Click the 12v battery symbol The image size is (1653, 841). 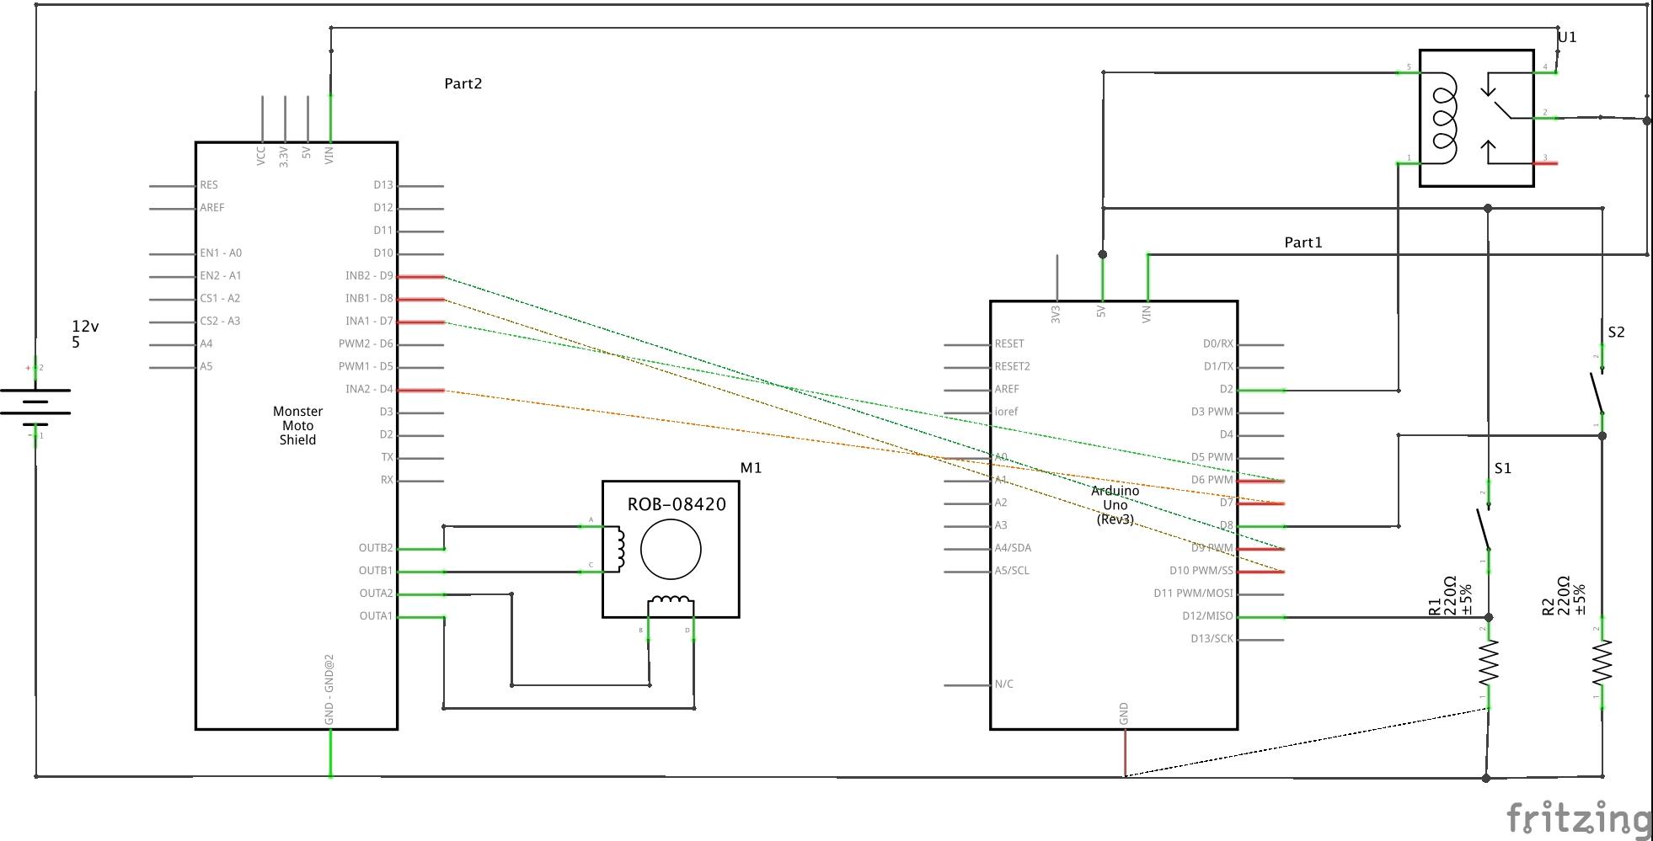click(x=35, y=402)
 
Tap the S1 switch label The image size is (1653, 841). click(x=1503, y=469)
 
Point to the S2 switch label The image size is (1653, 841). click(x=1616, y=333)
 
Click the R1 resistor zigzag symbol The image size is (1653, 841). click(x=1489, y=663)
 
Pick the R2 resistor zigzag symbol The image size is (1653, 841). click(x=1602, y=663)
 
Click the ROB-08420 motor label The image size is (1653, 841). click(x=677, y=505)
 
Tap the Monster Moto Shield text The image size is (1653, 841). click(x=297, y=425)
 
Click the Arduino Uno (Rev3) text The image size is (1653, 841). click(x=1115, y=505)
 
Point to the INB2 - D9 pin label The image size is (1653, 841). click(x=369, y=276)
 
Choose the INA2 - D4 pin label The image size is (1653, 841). click(x=369, y=390)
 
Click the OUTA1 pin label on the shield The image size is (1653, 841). click(x=376, y=616)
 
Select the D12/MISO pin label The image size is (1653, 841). click(x=1207, y=616)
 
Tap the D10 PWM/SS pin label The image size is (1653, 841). click(x=1201, y=571)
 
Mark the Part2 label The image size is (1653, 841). click(x=463, y=84)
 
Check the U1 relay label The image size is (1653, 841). click(x=1567, y=38)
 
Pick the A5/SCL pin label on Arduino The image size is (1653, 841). click(x=1012, y=571)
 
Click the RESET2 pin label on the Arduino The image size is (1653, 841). click(x=1012, y=366)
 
